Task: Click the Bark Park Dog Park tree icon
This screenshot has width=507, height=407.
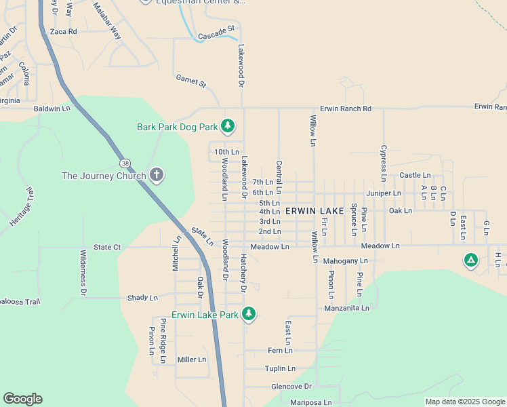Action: [228, 125]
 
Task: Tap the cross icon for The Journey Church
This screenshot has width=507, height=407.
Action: [157, 176]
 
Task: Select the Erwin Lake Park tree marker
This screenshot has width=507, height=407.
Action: [249, 314]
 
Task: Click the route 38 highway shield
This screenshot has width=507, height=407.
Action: [125, 163]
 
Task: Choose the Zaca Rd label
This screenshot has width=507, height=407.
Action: [64, 31]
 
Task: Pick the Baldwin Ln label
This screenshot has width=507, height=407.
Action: [52, 109]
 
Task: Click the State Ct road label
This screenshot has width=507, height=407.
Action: [107, 248]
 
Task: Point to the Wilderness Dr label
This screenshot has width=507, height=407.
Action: [83, 273]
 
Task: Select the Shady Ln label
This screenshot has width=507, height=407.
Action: [142, 298]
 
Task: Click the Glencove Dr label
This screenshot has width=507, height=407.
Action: [291, 386]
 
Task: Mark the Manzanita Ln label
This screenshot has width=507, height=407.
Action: [346, 308]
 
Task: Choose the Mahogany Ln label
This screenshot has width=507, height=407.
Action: [345, 260]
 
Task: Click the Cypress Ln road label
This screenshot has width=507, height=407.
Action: [383, 163]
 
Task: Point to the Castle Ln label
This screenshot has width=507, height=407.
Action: [415, 175]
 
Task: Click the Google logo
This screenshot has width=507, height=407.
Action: [22, 399]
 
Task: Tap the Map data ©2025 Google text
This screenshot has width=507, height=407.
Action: [464, 402]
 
